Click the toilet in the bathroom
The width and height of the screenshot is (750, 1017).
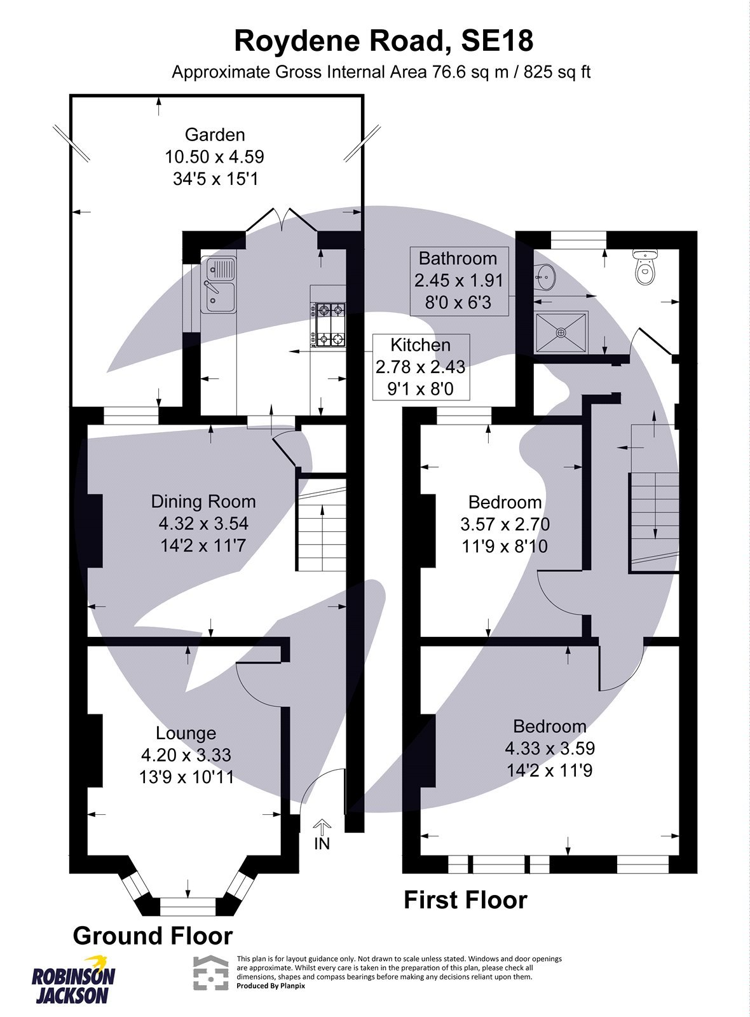point(646,268)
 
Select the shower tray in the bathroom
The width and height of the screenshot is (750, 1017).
point(561,332)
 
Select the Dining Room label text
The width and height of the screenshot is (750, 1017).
point(203,502)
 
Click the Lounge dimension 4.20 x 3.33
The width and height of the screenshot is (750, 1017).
point(186,755)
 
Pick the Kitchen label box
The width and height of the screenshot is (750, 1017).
point(421,367)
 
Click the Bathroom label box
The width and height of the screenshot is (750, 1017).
point(458,280)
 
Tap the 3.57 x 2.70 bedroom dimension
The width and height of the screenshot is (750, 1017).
point(505,524)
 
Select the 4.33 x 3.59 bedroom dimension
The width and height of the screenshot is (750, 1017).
point(550,748)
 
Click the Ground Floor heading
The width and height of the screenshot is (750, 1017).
point(153,936)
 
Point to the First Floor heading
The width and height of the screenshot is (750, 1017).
point(465,900)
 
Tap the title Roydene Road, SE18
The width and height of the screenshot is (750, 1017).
point(383,41)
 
